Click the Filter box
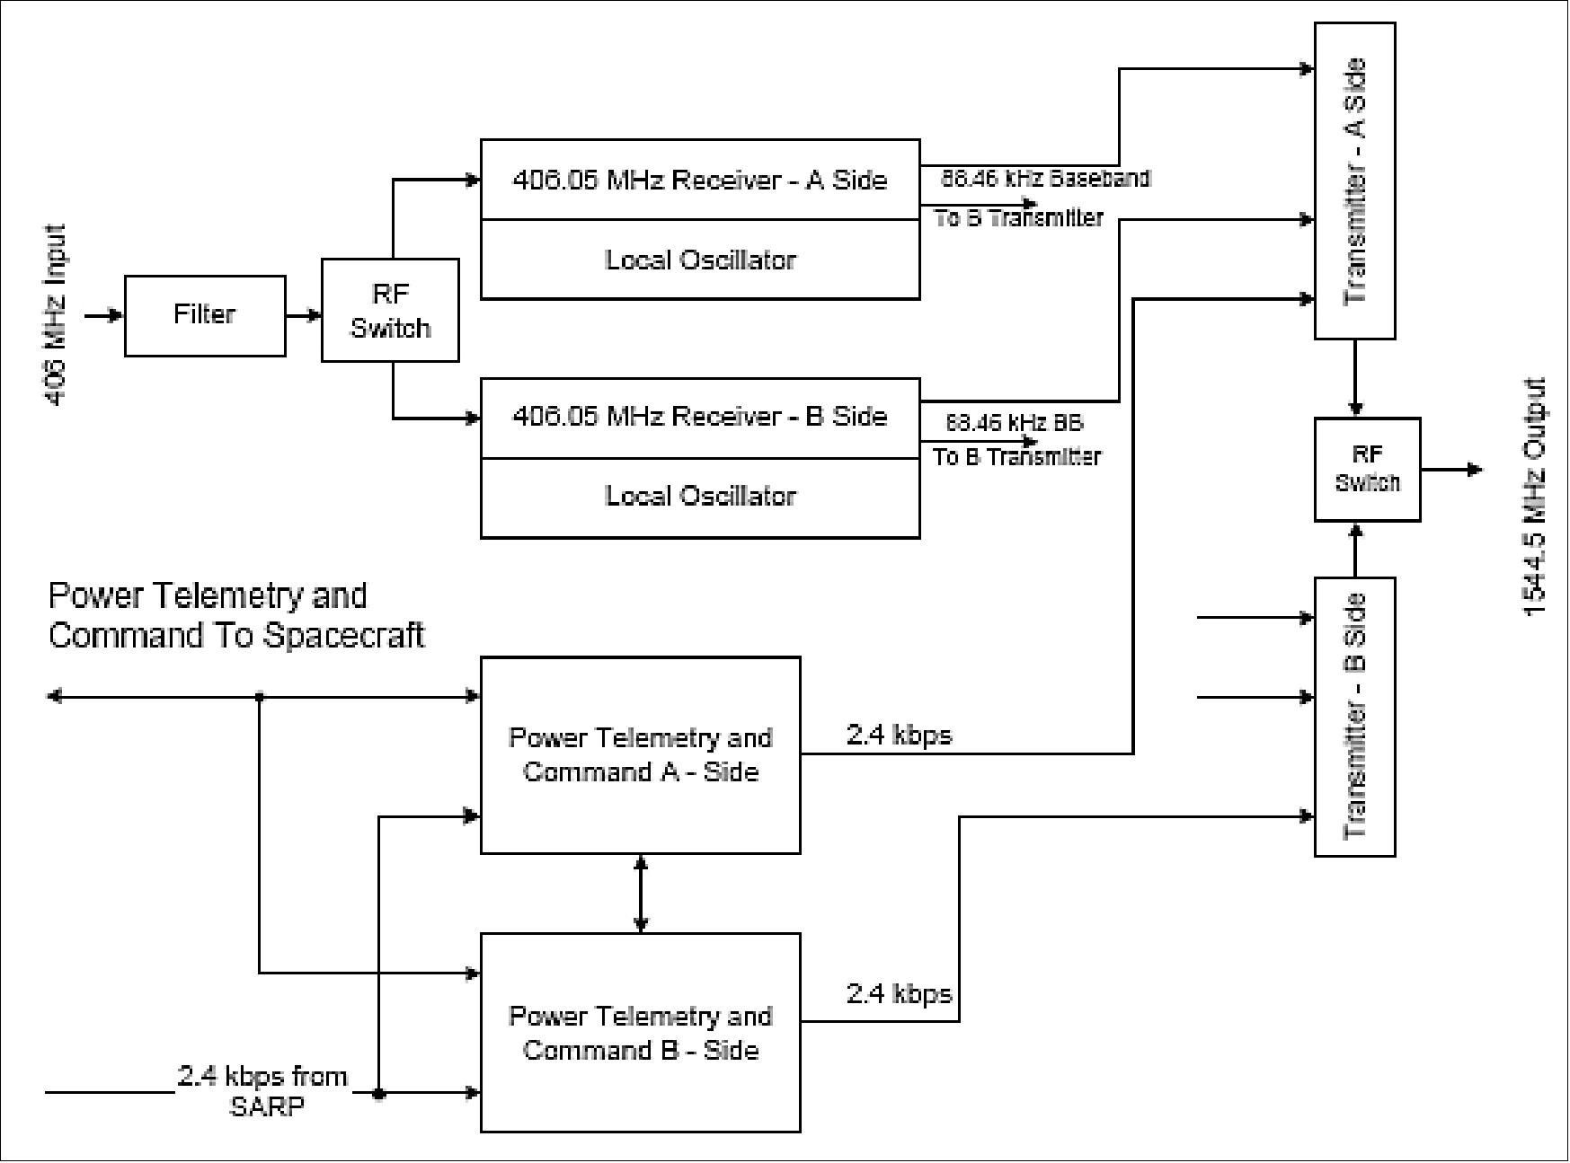tap(205, 315)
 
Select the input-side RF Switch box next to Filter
tap(390, 311)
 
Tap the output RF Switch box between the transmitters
tap(1366, 469)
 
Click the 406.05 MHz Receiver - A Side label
tap(700, 180)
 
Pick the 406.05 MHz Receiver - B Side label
tap(700, 417)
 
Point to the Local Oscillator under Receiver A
tap(700, 260)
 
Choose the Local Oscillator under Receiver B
tap(700, 497)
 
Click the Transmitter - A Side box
tap(1354, 181)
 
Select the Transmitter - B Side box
tap(1354, 717)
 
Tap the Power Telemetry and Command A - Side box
tap(640, 754)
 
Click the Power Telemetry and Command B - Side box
tap(640, 1033)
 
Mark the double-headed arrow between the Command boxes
tap(640, 894)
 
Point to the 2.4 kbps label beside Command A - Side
tap(899, 736)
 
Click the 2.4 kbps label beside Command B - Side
tap(899, 994)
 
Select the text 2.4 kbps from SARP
tap(263, 1090)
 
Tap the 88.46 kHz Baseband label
tap(1046, 179)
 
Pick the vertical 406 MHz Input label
tap(56, 315)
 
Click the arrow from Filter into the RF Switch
tap(304, 315)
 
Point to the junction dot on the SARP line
tap(379, 1094)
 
